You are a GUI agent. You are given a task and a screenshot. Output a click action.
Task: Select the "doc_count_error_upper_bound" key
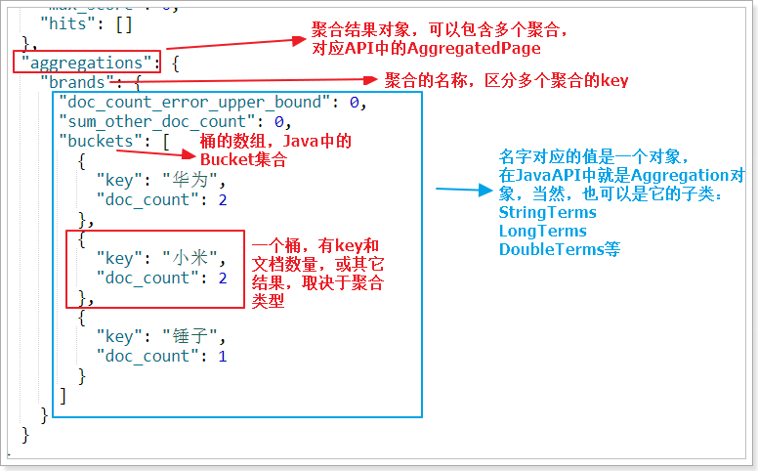coord(190,102)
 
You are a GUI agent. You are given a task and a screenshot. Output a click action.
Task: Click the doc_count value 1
coord(222,356)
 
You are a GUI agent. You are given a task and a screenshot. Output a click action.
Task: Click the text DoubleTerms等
coord(560,249)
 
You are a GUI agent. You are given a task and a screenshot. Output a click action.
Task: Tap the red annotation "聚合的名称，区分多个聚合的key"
coord(506,80)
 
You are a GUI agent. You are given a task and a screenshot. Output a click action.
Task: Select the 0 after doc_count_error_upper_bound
coord(356,102)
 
